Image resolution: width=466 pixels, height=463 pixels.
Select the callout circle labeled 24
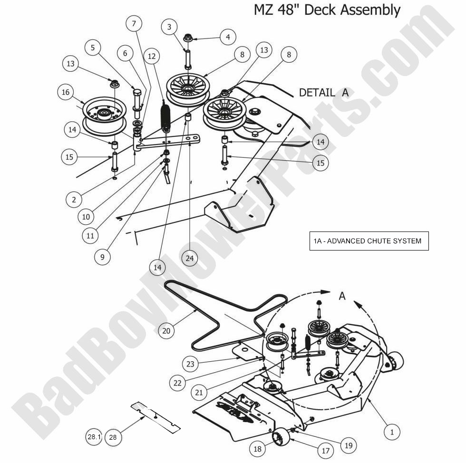190,258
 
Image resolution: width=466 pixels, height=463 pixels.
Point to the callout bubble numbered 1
392,432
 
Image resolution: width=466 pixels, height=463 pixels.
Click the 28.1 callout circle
94,436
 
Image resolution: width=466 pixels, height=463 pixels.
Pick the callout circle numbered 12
152,57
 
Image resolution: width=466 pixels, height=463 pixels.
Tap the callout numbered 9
102,257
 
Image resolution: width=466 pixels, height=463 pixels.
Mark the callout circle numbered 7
134,23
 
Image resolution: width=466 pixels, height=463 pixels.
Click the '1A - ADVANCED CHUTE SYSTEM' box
369,241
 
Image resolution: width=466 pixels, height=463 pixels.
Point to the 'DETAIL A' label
323,92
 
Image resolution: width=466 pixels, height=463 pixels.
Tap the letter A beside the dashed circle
342,296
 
